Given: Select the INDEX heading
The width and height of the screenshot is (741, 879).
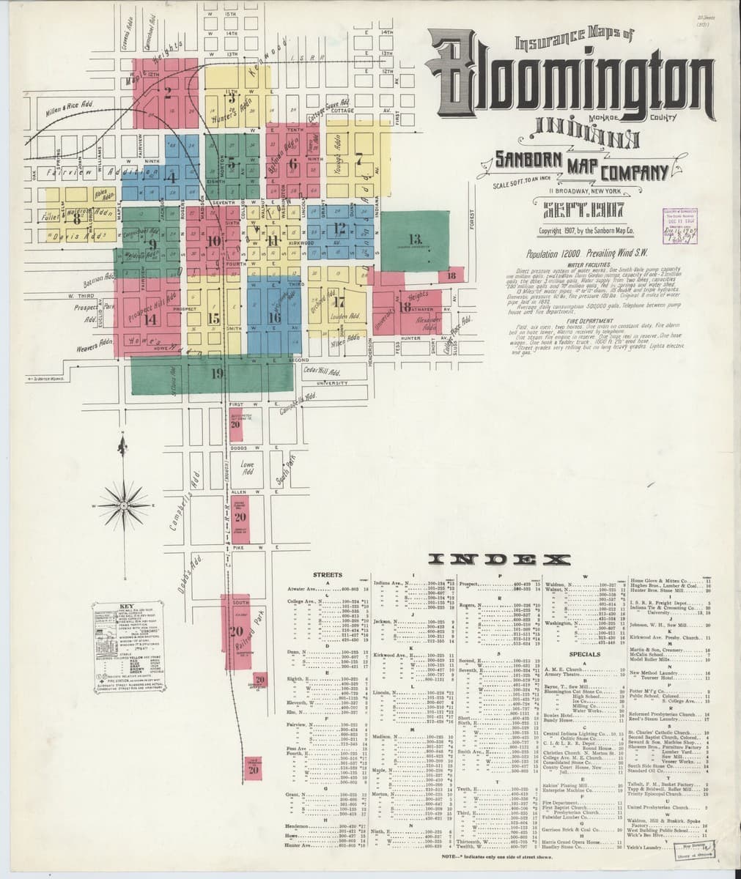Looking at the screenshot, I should coord(501,559).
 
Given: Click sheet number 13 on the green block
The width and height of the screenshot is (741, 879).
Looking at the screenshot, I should coord(416,239).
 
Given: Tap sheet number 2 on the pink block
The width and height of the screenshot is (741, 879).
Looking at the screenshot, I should coord(168,92).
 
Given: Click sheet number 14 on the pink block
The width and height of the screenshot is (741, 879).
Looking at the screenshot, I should coord(150,319).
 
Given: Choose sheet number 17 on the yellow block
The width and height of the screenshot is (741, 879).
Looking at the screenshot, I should coord(339,302).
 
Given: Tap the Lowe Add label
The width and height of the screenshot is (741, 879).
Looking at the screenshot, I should coord(246,467).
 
